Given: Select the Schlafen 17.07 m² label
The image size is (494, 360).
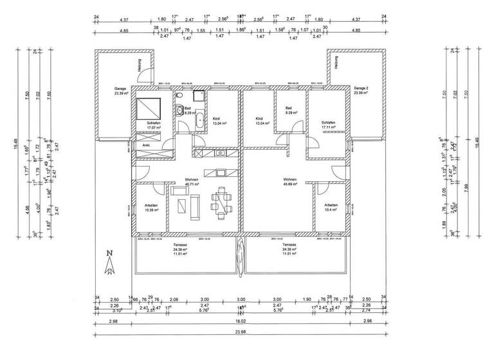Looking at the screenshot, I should (x=153, y=125).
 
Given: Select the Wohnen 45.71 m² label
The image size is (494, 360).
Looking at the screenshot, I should (x=192, y=182).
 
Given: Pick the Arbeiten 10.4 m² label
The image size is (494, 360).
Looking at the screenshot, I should (x=332, y=208).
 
